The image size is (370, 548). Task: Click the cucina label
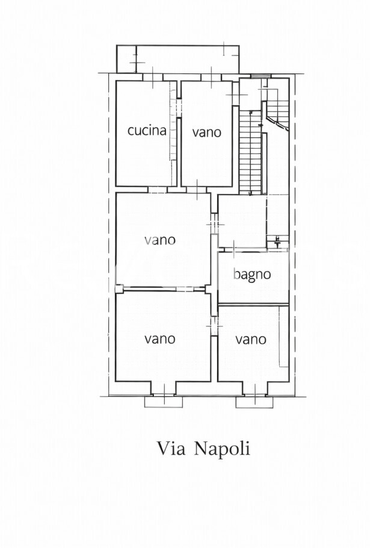click(x=147, y=130)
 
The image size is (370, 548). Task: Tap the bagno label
click(x=252, y=275)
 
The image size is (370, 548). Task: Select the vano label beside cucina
click(x=206, y=132)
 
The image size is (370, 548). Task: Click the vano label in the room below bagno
click(x=251, y=339)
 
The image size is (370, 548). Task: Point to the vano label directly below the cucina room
click(x=160, y=240)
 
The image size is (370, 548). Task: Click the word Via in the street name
click(x=171, y=449)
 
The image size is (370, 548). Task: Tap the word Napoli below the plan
click(x=222, y=449)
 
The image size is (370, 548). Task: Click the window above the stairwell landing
click(x=261, y=76)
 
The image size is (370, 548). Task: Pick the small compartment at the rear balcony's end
click(x=126, y=59)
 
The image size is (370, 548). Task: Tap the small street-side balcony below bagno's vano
click(x=254, y=402)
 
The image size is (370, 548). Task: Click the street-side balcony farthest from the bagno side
click(x=164, y=402)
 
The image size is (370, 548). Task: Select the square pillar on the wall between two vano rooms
click(x=119, y=288)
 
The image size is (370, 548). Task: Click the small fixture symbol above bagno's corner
click(x=278, y=241)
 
